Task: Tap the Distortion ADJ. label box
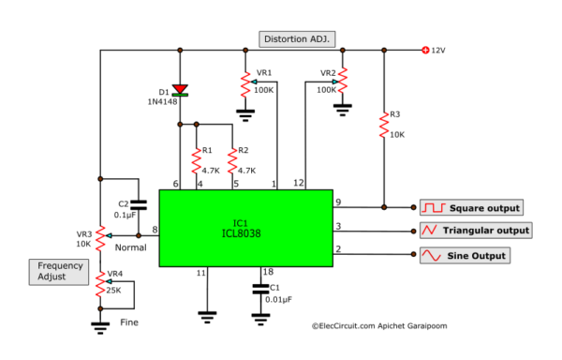click(297, 38)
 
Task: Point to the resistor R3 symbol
click(383, 126)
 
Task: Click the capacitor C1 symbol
click(261, 289)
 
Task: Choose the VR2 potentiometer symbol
click(344, 80)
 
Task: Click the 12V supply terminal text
click(438, 50)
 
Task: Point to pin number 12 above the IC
click(300, 182)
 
